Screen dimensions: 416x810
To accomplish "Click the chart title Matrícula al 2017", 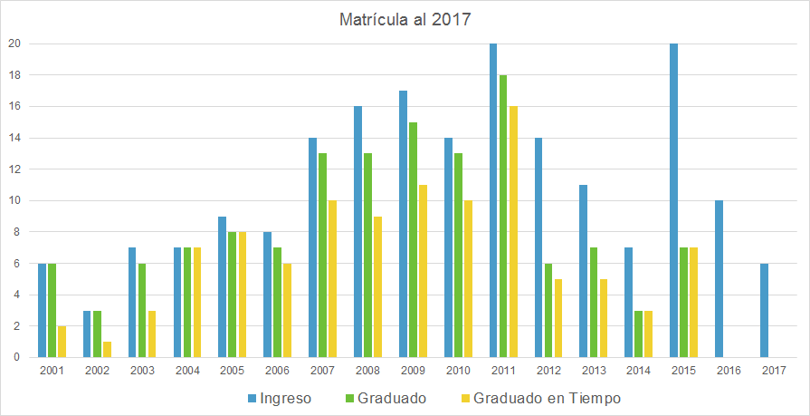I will pyautogui.click(x=405, y=20).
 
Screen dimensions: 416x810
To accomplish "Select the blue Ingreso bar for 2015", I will pyautogui.click(x=674, y=200).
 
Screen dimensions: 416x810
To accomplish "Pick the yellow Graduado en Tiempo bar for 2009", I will pyautogui.click(x=423, y=271).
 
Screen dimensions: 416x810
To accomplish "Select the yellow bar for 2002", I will pyautogui.click(x=107, y=350).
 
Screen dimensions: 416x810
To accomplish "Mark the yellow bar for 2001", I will pyautogui.click(x=62, y=342).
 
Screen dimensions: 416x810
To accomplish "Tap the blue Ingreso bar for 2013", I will pyautogui.click(x=584, y=271).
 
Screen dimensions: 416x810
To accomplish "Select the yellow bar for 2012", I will pyautogui.click(x=558, y=318).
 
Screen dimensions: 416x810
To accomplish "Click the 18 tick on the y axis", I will pyautogui.click(x=14, y=75).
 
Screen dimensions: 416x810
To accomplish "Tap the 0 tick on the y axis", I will pyautogui.click(x=16, y=357).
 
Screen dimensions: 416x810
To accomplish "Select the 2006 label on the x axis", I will pyautogui.click(x=278, y=370).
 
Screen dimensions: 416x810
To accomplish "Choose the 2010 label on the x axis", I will pyautogui.click(x=458, y=370).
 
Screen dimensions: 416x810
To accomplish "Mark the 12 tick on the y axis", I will pyautogui.click(x=14, y=169).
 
